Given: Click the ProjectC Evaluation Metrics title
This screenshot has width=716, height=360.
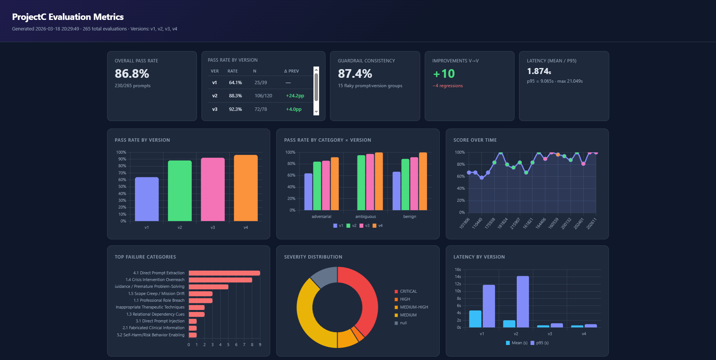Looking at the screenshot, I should [68, 17].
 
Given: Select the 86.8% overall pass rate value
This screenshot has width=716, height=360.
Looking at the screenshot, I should [132, 74].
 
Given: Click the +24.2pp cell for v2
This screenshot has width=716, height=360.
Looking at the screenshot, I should [295, 96].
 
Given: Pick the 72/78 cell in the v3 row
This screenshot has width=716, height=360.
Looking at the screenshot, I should [260, 109].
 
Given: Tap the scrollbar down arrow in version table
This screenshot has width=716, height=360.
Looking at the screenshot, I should [316, 112].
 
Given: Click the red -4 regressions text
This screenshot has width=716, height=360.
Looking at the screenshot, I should [448, 86].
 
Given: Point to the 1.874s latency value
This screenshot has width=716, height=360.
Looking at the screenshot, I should [539, 71].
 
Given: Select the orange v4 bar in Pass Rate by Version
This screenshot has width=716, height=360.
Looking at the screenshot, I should [245, 188].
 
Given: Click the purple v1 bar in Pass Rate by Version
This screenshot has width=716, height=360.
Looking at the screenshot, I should [147, 199].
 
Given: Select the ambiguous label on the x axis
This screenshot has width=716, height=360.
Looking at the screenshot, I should [365, 217].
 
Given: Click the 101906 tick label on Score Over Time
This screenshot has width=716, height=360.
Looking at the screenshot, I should [465, 223].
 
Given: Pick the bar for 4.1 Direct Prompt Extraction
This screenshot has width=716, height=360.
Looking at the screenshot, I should [224, 273].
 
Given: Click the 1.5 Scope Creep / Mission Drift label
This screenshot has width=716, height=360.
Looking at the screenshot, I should [156, 293].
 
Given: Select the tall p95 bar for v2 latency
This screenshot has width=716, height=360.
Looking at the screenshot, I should [522, 302].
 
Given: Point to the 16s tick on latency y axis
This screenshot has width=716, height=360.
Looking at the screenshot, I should [458, 270].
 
